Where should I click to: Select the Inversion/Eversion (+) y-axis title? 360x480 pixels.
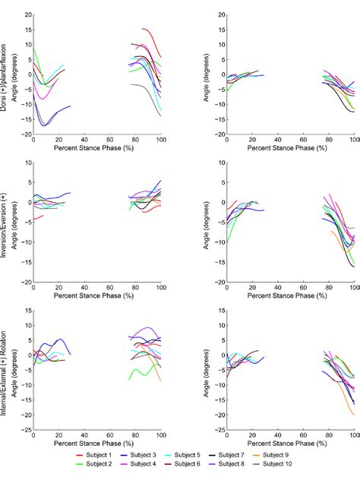point(6,220)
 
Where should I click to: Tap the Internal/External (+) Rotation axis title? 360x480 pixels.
point(6,369)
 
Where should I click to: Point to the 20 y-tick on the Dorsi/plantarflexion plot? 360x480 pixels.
point(27,14)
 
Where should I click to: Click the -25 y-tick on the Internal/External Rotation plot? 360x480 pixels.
point(26,430)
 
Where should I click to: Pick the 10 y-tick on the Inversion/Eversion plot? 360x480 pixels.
point(27,163)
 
